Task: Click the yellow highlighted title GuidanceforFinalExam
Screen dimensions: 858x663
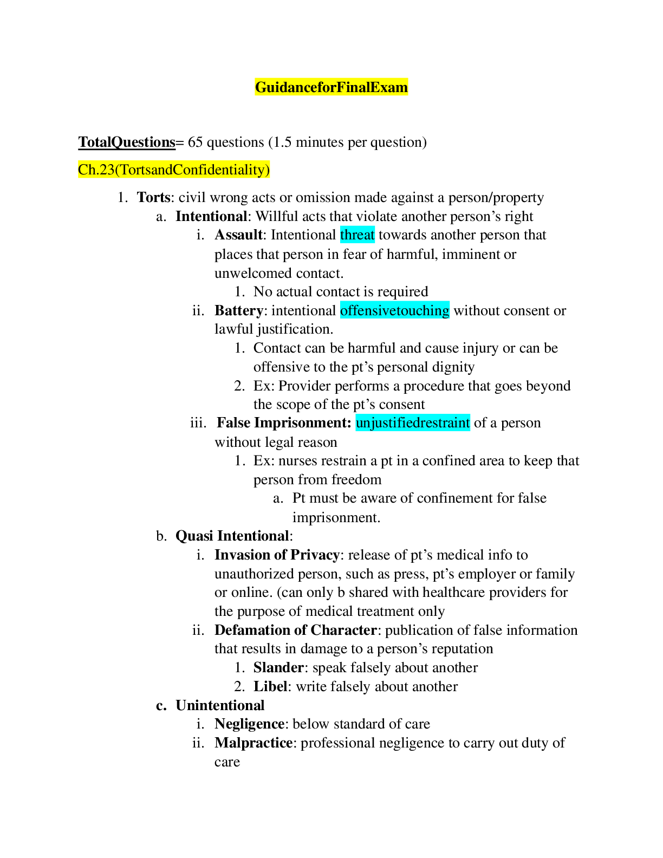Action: point(331,87)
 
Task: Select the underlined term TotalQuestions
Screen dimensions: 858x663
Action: point(127,142)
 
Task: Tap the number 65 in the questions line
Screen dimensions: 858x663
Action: point(195,142)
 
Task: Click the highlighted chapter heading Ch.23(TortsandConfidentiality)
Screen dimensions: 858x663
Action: point(174,170)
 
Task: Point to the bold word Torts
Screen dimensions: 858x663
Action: point(153,197)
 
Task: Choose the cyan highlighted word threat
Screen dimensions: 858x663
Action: point(357,235)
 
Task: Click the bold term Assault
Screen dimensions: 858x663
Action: point(238,235)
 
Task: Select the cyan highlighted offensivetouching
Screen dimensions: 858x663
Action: point(395,310)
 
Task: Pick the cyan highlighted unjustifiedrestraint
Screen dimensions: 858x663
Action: point(413,422)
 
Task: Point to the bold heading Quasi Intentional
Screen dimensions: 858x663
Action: point(232,536)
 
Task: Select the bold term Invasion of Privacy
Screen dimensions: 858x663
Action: point(277,555)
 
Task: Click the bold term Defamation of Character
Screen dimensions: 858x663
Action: point(296,630)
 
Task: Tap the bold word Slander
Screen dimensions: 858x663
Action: point(278,667)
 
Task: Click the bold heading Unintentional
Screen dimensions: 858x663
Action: point(220,705)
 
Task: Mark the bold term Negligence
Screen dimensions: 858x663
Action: point(249,724)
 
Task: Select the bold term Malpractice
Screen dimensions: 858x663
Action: point(253,743)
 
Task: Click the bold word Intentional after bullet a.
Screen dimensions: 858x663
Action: point(211,216)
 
